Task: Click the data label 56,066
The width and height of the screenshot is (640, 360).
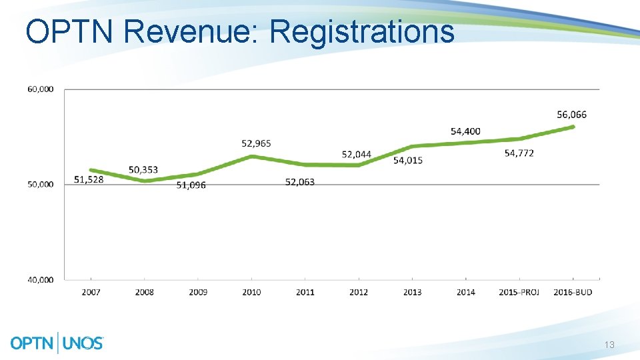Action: pos(571,115)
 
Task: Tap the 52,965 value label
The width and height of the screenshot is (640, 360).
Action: pos(256,143)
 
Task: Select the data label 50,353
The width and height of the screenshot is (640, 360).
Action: pos(143,170)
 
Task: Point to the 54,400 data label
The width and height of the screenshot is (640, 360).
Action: pos(465,131)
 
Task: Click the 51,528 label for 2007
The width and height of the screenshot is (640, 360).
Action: pos(89,179)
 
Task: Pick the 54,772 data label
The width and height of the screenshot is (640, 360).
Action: pos(519,153)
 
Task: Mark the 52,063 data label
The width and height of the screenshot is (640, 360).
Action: pos(299,182)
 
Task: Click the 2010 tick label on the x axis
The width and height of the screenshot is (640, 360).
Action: pos(251,292)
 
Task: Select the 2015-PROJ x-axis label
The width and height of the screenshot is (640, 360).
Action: pos(519,292)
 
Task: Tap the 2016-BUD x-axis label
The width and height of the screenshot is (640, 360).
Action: pos(573,292)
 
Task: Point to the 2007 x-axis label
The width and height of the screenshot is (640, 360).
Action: pos(91,292)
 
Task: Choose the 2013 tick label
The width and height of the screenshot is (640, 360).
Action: pos(412,292)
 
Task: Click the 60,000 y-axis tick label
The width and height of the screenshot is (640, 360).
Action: pos(41,89)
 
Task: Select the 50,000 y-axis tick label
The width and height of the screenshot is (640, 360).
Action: pos(41,185)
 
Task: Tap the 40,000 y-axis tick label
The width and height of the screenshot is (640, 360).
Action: pos(41,280)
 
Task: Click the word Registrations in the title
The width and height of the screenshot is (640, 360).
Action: pos(362,32)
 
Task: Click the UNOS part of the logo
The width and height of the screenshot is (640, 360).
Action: pos(83,343)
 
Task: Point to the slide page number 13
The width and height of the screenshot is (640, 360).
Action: pos(609,345)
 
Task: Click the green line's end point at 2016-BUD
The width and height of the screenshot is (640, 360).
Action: pos(573,127)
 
